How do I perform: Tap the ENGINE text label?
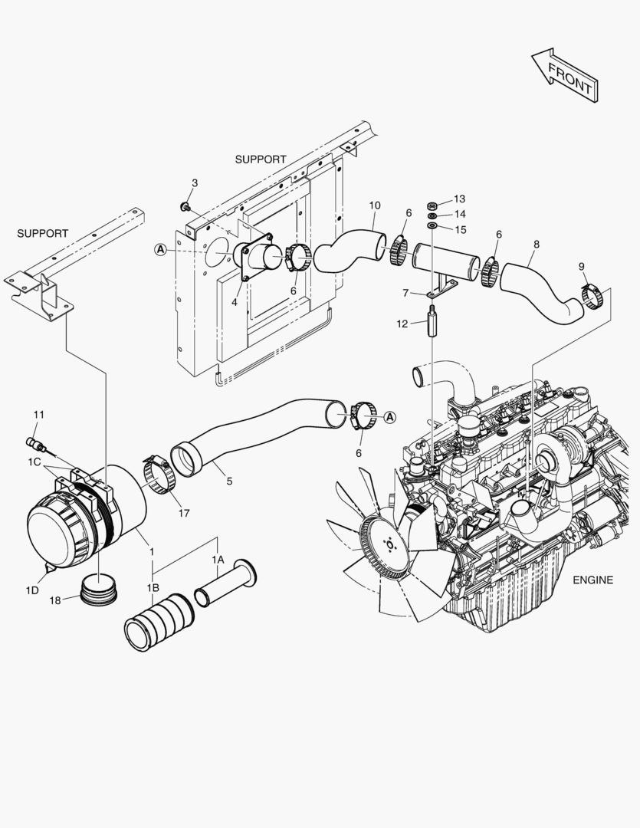point(592,580)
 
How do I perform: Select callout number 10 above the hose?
point(374,205)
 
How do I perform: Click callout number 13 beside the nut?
point(459,199)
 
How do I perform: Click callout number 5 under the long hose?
point(228,481)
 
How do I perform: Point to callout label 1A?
point(218,560)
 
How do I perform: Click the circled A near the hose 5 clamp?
point(389,416)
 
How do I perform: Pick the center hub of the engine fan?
point(389,544)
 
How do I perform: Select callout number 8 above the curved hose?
point(536,244)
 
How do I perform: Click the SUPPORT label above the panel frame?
point(261,159)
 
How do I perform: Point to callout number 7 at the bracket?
point(405,292)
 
